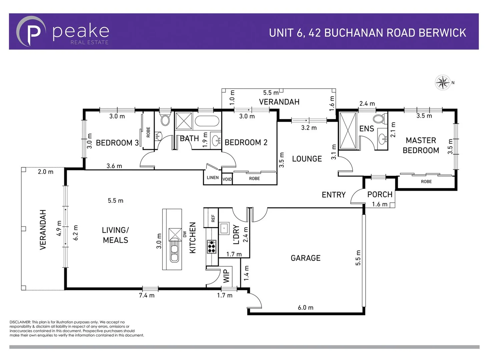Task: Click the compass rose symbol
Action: [x=443, y=82]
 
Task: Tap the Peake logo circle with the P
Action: [x=31, y=32]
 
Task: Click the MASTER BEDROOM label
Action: [x=421, y=145]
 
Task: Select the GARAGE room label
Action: [x=306, y=258]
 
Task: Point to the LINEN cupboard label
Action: [x=213, y=178]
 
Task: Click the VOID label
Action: [x=227, y=179]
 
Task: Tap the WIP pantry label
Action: [x=226, y=276]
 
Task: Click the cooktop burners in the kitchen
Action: [x=211, y=246]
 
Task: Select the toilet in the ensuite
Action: [x=379, y=119]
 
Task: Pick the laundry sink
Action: [x=224, y=228]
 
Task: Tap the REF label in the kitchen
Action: [x=213, y=218]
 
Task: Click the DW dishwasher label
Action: [x=185, y=234]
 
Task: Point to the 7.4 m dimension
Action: [x=147, y=295]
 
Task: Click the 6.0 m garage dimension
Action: [x=306, y=308]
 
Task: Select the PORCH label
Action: [x=380, y=194]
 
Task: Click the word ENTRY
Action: [x=334, y=195]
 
